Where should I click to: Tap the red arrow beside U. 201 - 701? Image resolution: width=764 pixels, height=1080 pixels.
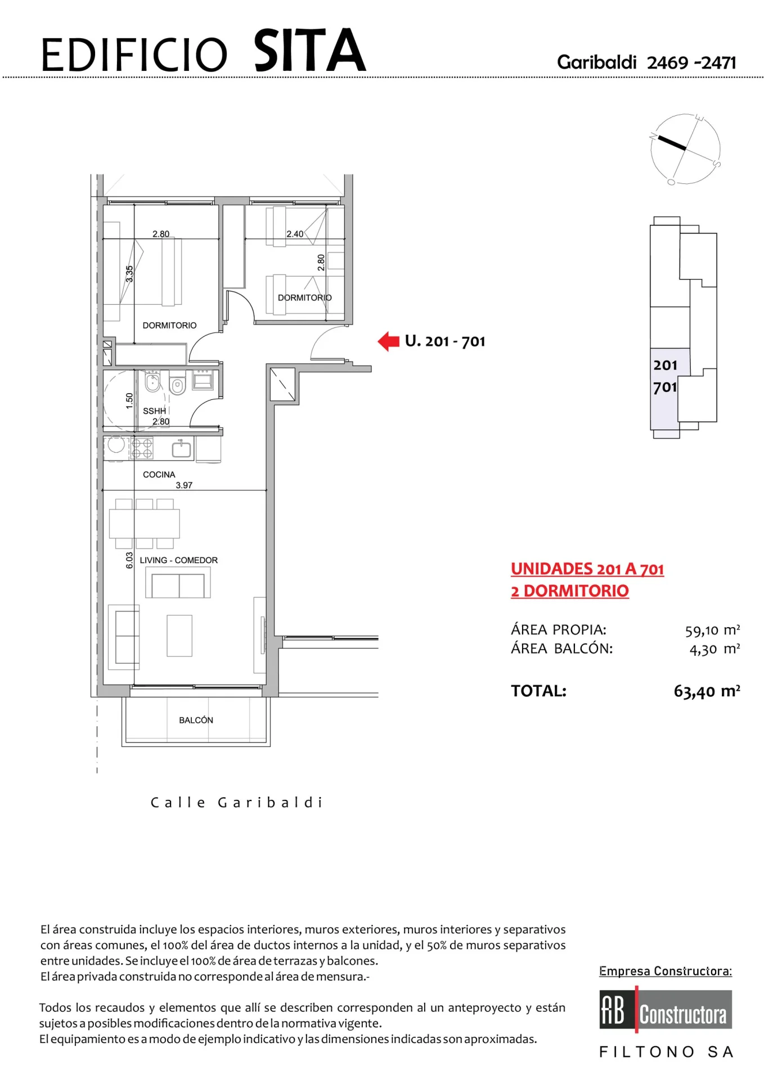388,341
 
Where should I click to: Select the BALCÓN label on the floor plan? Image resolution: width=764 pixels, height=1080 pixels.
196,720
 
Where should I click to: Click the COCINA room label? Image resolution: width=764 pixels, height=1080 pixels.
159,474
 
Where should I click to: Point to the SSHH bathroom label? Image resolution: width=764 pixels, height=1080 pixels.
154,411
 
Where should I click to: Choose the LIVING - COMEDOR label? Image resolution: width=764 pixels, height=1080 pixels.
179,560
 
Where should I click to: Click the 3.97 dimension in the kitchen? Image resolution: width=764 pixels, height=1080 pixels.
184,485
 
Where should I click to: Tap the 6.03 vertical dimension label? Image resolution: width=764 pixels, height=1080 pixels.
129,560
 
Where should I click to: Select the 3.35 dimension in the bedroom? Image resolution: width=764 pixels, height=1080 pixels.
129,274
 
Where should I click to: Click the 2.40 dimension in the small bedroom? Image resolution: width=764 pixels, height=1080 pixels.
295,234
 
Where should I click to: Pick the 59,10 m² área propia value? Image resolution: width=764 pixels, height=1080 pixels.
712,630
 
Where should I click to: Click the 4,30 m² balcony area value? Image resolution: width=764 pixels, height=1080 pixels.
714,649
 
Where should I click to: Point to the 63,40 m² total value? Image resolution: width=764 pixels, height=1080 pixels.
707,691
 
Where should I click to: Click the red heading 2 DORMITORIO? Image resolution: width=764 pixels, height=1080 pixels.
570,591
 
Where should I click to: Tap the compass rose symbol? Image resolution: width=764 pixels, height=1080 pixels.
685,149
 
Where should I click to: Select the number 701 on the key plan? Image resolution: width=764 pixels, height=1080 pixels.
665,387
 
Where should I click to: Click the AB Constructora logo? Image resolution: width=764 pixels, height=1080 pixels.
666,1010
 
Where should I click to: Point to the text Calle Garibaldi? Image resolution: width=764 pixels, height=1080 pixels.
236,802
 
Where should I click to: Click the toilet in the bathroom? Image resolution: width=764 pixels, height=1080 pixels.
177,384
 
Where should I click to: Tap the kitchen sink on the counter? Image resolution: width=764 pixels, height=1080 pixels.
181,449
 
